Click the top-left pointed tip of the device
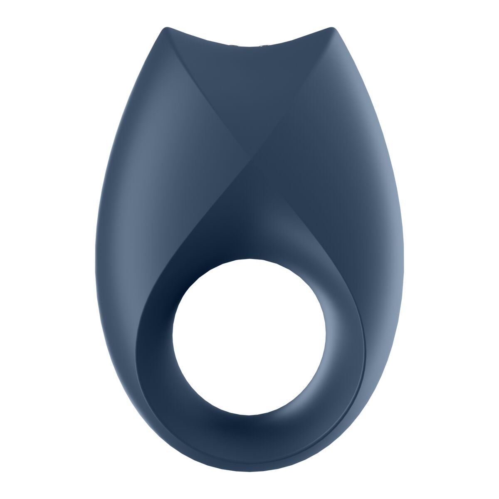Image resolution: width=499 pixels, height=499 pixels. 167,29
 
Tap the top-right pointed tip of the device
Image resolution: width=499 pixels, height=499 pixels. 331,29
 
